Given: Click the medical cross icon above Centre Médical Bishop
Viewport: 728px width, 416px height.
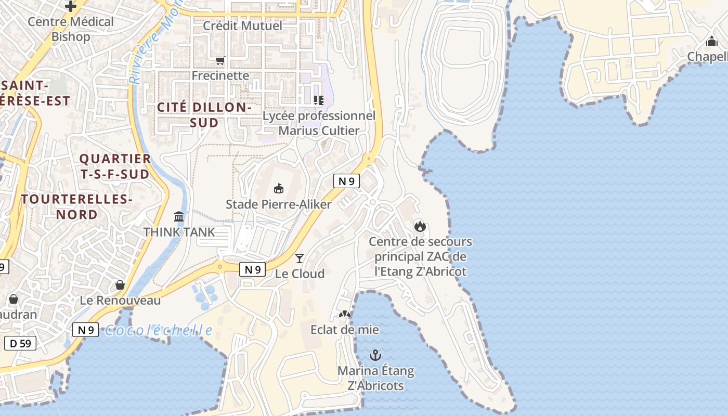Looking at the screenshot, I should coord(71,6).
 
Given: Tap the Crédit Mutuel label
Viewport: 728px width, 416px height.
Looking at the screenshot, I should coord(242,25).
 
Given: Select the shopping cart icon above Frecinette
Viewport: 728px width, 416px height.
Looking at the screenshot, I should coord(220,61).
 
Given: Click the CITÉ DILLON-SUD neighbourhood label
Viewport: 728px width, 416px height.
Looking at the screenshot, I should coord(204,115).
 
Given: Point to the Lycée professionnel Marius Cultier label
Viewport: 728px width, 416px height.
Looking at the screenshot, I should coord(319,123).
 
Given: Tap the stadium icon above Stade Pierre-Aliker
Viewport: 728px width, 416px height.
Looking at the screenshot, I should coord(279,188).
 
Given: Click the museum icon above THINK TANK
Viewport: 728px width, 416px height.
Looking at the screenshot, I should coord(179,216).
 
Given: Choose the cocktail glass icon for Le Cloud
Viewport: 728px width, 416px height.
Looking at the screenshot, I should coord(300,258).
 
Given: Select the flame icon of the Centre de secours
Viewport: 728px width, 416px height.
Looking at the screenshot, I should coord(420,226).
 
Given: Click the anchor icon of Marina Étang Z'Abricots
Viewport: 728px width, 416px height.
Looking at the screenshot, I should coord(375,355).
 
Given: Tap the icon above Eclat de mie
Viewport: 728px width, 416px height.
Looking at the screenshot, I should coord(344,314).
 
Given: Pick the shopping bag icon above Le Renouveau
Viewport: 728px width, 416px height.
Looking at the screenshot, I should coord(120,285).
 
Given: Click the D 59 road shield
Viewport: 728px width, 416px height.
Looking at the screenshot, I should coord(20,343).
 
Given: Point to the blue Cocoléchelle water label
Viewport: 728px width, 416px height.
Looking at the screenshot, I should coord(159,331).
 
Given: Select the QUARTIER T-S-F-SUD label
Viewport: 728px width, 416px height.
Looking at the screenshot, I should coord(115,166).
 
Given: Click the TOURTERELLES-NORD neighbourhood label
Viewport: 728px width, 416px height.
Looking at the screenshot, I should coord(77,206).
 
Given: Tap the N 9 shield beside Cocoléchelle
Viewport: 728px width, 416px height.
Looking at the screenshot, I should coord(85,330).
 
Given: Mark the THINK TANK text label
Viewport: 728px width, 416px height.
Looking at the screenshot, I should coord(179,232).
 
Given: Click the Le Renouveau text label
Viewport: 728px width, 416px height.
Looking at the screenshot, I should coord(120,301).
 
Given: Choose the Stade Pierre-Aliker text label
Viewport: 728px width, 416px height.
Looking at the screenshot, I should coord(279,204).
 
